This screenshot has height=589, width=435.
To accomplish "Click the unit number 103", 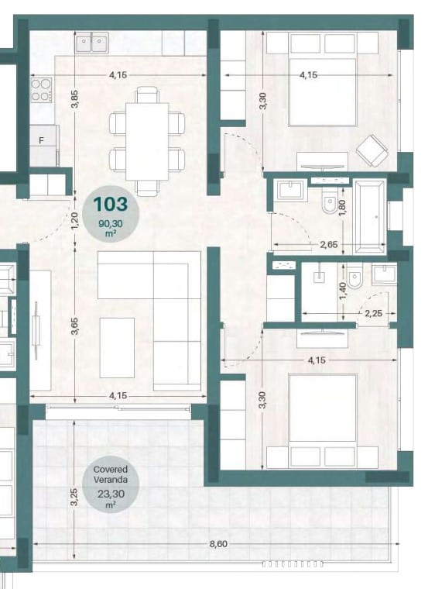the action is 111,205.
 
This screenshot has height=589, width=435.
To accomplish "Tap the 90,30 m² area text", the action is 111,228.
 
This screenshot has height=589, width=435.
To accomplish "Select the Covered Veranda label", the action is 111,474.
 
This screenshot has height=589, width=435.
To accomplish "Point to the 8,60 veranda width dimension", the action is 219,543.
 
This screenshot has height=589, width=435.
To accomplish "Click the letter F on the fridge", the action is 42,140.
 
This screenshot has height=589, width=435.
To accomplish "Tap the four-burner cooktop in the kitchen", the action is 41,90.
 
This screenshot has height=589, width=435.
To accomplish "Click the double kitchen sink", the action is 92,42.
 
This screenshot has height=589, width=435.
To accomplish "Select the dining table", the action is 147,141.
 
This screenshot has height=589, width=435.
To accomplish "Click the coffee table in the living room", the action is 117,347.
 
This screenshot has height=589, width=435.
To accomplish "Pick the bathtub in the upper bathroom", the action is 370,217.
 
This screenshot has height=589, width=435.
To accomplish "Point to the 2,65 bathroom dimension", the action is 329,245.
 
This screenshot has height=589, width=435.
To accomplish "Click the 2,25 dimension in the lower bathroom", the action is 373,313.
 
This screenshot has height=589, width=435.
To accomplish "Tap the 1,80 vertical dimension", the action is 342,208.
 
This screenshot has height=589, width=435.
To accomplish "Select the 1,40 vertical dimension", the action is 342,291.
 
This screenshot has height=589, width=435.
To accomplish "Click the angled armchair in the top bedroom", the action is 372,152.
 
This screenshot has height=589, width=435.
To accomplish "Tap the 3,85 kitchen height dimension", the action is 74,99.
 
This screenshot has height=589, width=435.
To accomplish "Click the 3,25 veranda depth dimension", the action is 74,497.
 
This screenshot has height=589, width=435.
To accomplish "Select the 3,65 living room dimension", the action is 74,326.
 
